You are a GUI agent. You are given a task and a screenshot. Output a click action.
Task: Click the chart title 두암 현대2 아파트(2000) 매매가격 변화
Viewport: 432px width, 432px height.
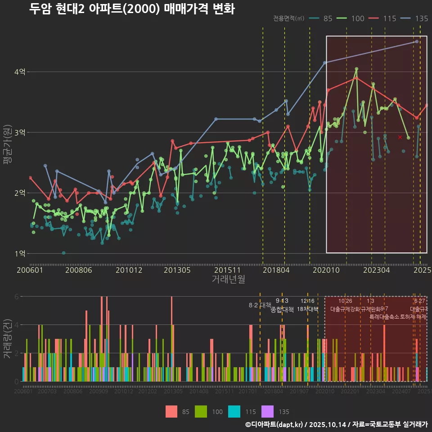[x=131, y=9]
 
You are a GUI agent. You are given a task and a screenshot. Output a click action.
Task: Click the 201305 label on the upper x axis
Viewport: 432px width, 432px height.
[x=177, y=270]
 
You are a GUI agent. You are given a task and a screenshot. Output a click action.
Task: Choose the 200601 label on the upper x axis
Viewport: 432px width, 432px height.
[x=30, y=270]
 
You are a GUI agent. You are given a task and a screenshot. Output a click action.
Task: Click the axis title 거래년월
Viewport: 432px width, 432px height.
[x=228, y=279]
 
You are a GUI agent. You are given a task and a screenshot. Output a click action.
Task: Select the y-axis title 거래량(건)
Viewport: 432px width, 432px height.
[x=8, y=339]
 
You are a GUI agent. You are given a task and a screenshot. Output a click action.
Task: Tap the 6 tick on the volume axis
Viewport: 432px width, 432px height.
[x=16, y=297]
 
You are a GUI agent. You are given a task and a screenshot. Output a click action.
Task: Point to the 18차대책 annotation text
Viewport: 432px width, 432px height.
[x=308, y=309]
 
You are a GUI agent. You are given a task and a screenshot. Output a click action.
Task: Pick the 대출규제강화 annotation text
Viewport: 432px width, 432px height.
[x=345, y=309]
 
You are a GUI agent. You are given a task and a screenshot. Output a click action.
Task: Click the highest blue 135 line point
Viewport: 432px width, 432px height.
[x=417, y=41]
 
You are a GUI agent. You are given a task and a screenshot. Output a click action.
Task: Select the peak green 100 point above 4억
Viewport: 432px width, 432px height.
[x=356, y=69]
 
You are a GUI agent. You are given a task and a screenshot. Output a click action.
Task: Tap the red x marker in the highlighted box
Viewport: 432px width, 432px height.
[x=400, y=137]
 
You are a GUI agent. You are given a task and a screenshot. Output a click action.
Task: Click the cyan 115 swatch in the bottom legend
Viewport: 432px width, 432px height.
[x=234, y=412]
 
